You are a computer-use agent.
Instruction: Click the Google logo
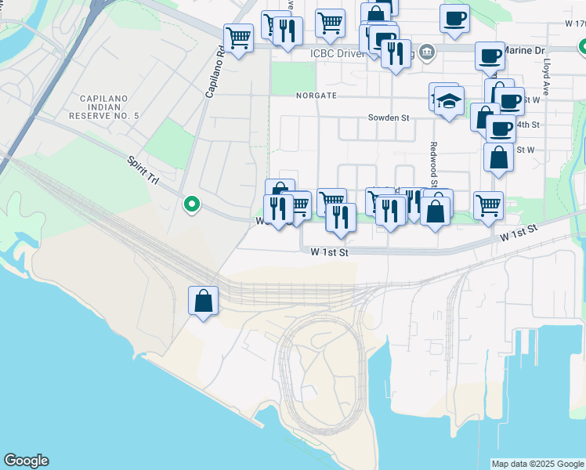pos(26,461)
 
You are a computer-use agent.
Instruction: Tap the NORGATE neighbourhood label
pos(316,96)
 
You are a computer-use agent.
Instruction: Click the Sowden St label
pos(389,118)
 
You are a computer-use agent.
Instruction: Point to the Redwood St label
pos(432,158)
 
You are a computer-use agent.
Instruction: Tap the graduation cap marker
pos(449,102)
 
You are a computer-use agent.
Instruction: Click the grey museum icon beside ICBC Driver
pos(426,53)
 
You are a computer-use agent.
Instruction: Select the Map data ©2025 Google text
pos(537,464)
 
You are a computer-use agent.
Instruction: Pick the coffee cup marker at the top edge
pos(454,17)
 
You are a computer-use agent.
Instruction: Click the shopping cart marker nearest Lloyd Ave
pos(488,205)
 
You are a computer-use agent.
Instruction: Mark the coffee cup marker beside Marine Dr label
pos(490,56)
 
